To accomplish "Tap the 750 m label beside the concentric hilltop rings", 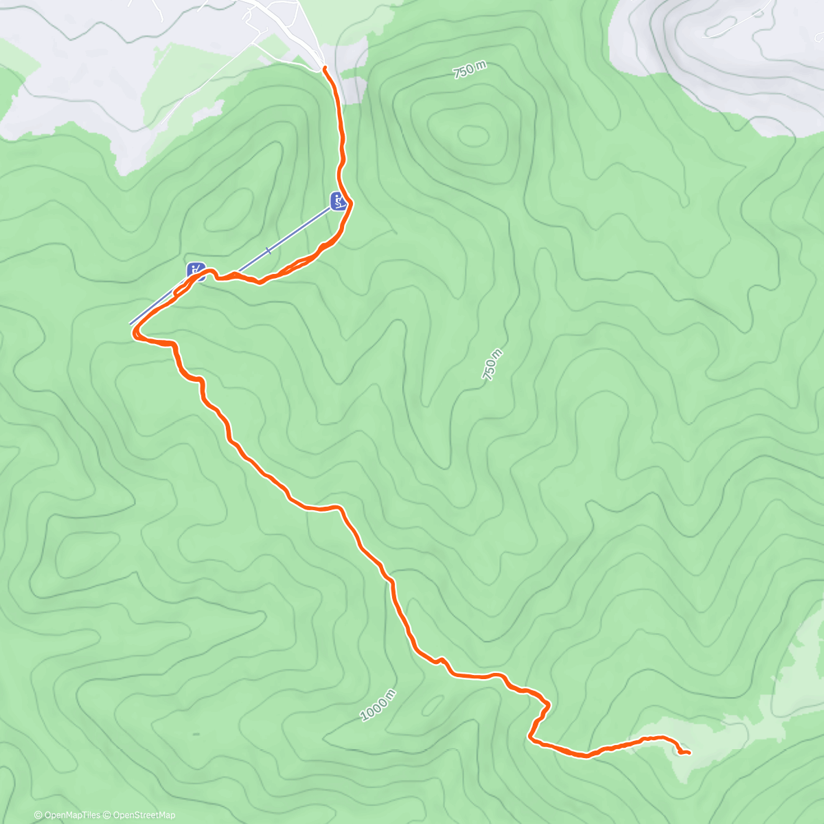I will pyautogui.click(x=470, y=69).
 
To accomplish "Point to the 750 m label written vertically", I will pyautogui.click(x=493, y=365).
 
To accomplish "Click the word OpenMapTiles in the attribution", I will pyautogui.click(x=71, y=815).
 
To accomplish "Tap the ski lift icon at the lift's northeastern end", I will pyautogui.click(x=337, y=201).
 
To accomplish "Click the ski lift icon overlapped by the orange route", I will pyautogui.click(x=196, y=269).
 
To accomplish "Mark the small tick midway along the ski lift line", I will pyautogui.click(x=268, y=251).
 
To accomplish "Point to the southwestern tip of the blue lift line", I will pyautogui.click(x=130, y=323).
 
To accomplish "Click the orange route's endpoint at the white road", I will pyautogui.click(x=324, y=69).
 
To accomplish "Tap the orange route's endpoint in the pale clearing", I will pyautogui.click(x=688, y=753).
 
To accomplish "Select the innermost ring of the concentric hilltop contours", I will pyautogui.click(x=472, y=135).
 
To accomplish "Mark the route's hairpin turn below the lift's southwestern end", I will pyautogui.click(x=135, y=334).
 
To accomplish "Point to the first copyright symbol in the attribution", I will pyautogui.click(x=38, y=815).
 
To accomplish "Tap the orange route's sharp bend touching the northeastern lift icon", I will pyautogui.click(x=350, y=203).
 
